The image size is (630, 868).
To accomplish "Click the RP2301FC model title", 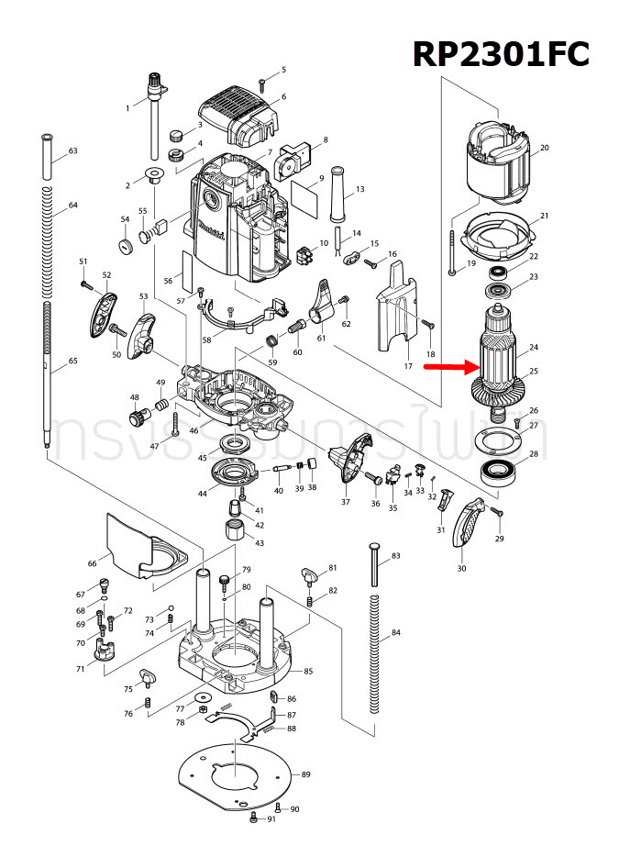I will (501, 53).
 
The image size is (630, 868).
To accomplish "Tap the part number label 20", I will (544, 148).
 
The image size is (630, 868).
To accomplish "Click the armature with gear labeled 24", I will (499, 362).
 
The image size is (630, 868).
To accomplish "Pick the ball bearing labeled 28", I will (500, 474).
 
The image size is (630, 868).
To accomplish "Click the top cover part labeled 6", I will (237, 117).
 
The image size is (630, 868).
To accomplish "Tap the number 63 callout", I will (72, 150).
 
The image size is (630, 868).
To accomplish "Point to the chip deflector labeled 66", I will (142, 548).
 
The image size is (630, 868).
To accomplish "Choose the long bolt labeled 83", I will (372, 565).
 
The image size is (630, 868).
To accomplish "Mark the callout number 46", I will (193, 430).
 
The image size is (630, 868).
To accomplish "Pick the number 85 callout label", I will (308, 672).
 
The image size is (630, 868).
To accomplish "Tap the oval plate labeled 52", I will (105, 312).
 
